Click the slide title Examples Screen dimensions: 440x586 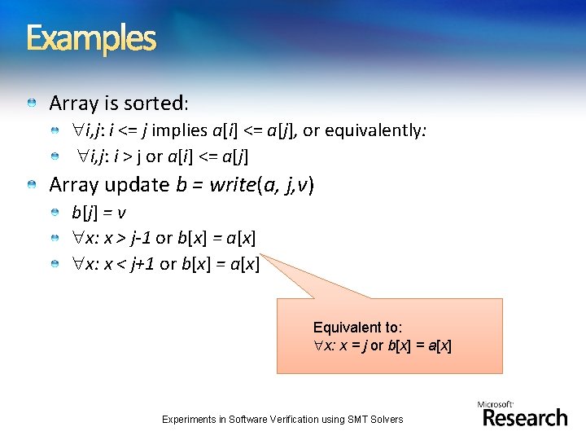point(90,37)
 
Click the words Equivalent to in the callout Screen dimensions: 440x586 point(357,328)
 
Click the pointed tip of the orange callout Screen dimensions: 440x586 point(262,256)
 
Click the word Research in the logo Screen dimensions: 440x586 point(525,418)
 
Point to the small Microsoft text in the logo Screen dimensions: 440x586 point(496,404)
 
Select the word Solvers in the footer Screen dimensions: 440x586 point(387,420)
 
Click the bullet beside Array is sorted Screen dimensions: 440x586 point(31,104)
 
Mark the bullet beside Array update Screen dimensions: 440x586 point(31,186)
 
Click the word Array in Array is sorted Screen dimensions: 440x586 point(73,103)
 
